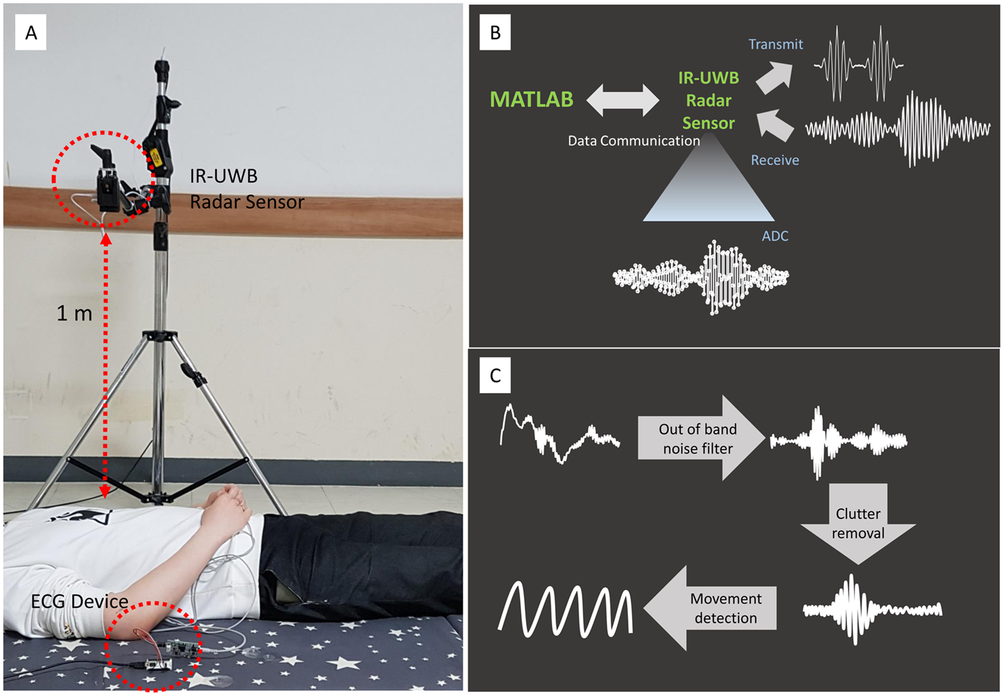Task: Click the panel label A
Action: pos(31,32)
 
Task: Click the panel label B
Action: pos(495,32)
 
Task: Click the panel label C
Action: pos(495,375)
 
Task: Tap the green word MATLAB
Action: pos(531,99)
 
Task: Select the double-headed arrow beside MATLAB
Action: pos(622,100)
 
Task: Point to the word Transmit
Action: pos(775,44)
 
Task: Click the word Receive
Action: pos(775,160)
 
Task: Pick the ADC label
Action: pos(775,236)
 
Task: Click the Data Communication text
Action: pos(633,141)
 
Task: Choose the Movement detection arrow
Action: pos(712,608)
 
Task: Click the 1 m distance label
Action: pos(74,313)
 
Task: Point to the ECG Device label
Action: pos(79,602)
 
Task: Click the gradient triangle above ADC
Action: pos(709,183)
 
